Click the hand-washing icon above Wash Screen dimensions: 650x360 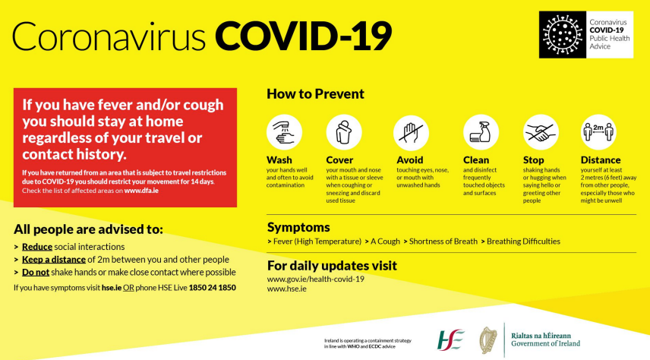284,132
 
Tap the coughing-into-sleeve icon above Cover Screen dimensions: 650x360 344,132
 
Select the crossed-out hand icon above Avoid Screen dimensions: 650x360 411,133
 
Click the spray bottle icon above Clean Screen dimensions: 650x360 481,132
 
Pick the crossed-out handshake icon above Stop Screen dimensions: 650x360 541,132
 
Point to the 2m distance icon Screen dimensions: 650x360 598,132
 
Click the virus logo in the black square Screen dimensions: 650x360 563,34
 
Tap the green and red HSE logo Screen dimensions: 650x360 450,340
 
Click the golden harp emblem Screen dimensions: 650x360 488,340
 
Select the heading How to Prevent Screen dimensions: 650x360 315,93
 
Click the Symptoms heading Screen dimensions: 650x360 298,227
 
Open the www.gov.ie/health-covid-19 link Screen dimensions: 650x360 315,279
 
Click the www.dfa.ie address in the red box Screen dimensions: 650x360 141,191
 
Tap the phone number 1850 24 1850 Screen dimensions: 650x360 213,287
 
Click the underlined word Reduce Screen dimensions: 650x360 37,247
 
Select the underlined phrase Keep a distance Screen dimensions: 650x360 53,260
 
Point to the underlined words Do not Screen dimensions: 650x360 36,273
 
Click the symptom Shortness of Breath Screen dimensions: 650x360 443,242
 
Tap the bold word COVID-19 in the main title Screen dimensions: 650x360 303,36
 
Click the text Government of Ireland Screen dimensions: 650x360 545,343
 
